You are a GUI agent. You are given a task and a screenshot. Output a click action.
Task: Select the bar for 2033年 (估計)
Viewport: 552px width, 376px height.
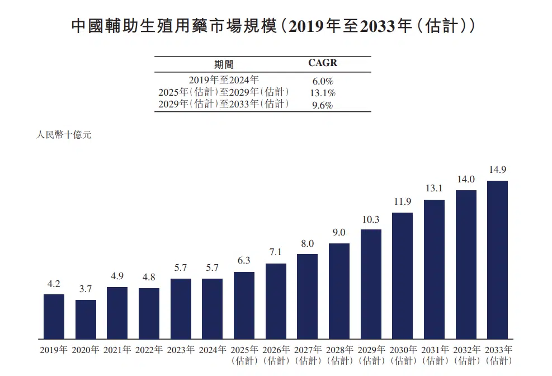tap(497, 260)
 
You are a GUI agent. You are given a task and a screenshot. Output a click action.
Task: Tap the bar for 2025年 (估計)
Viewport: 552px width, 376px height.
tap(244, 305)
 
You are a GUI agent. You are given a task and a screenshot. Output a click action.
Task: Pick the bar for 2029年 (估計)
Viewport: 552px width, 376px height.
tap(371, 284)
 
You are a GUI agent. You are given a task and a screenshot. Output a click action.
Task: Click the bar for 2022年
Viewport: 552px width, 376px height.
tap(149, 313)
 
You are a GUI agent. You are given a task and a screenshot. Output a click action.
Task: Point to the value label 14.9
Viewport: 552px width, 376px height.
tap(497, 170)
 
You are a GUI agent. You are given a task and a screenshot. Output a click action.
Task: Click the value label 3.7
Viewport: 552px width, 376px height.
tap(86, 289)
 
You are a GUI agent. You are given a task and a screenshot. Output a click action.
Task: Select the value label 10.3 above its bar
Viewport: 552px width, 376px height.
tap(371, 219)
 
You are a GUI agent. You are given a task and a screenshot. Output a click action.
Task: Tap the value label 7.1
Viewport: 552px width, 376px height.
tap(276, 253)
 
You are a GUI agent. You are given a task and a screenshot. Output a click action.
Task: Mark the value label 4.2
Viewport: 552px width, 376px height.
tap(54, 284)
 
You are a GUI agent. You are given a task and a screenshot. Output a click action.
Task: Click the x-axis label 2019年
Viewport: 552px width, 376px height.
tap(54, 350)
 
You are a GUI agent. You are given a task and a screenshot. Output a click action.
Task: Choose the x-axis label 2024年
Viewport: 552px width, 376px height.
tap(212, 350)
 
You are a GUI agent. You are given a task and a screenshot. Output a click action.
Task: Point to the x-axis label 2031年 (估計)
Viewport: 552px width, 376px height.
tap(434, 355)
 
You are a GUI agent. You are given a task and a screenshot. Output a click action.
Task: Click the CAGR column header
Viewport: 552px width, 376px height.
tap(323, 63)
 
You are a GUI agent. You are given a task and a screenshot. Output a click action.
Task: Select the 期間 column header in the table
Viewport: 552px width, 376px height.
tap(224, 64)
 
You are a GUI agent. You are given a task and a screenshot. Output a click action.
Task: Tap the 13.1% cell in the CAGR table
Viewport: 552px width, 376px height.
tap(323, 93)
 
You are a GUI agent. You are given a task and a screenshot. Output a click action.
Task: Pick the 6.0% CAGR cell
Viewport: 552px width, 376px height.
tap(323, 81)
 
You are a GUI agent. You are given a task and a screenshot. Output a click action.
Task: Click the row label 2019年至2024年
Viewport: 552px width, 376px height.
tap(224, 81)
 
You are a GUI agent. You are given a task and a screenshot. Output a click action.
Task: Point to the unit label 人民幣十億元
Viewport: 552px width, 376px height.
tap(63, 135)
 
